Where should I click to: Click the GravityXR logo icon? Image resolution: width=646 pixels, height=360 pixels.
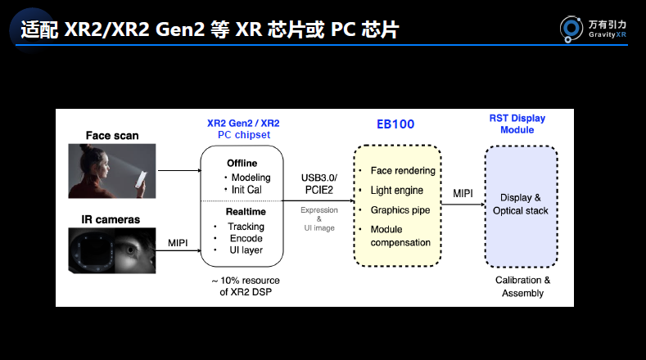[571, 29]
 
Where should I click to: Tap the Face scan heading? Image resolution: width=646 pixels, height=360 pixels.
[112, 136]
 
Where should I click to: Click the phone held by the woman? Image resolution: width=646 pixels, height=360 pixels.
[141, 179]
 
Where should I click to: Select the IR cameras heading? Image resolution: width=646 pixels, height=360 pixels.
[111, 219]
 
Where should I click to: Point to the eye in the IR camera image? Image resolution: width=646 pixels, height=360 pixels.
[130, 250]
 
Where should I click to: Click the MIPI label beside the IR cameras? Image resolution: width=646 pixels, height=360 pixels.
[178, 243]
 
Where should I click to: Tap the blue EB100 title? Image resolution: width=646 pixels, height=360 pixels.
[395, 124]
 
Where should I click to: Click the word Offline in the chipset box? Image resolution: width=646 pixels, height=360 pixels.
[242, 163]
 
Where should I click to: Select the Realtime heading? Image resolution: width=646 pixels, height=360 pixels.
[246, 212]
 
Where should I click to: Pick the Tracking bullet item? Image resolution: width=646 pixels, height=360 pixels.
[246, 227]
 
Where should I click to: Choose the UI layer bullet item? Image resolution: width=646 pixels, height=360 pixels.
[246, 250]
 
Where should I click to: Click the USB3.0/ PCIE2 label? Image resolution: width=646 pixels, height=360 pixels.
[318, 184]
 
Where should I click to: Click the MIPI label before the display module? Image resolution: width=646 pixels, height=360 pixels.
[463, 194]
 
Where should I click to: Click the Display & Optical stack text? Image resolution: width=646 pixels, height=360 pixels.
[521, 205]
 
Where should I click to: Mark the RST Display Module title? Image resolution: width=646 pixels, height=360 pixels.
[517, 124]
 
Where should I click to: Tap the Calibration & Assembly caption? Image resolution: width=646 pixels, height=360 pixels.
[522, 286]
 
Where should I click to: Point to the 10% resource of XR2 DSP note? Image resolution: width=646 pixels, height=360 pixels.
[246, 286]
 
